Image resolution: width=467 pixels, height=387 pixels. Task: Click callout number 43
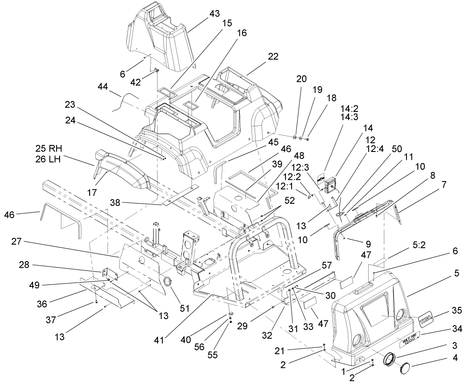click(215, 14)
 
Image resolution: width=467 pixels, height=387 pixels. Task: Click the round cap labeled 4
click(407, 367)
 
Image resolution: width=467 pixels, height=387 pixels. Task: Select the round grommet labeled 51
click(167, 281)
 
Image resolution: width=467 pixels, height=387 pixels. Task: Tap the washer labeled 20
click(295, 138)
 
